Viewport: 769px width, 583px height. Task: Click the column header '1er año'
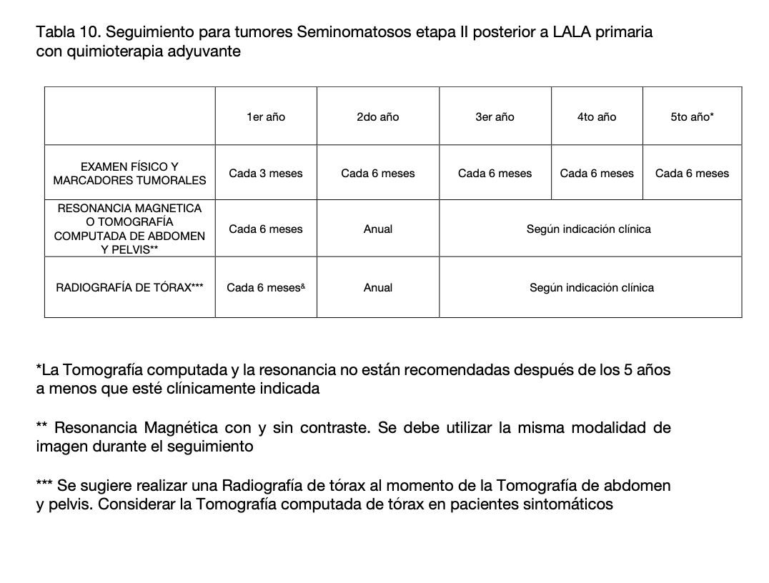[266, 116]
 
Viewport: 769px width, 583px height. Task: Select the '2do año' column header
[377, 116]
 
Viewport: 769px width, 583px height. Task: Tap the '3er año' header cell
[495, 116]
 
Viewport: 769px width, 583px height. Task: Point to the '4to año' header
[597, 116]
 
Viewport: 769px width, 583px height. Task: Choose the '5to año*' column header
[692, 116]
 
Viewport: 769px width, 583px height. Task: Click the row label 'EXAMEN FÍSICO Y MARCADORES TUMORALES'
[129, 173]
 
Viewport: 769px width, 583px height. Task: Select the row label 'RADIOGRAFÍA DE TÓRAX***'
[129, 287]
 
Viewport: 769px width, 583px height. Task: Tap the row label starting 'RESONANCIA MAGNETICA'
[129, 229]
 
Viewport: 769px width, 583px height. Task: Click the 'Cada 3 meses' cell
[266, 173]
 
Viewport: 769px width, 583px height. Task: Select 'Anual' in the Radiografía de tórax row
[377, 287]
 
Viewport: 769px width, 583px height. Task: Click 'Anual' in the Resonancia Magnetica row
[377, 229]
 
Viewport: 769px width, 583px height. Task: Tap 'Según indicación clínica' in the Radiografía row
[591, 287]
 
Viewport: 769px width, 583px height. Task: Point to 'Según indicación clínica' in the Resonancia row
[588, 229]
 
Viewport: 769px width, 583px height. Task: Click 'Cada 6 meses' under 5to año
[692, 173]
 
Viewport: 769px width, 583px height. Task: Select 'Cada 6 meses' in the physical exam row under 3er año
[495, 173]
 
